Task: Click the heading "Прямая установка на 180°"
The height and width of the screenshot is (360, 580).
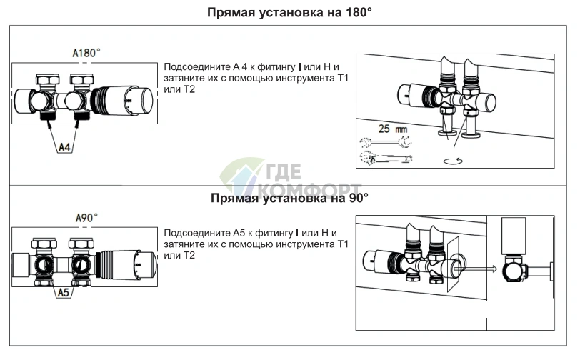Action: [289, 12]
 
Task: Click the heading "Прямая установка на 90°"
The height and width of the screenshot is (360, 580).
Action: [289, 198]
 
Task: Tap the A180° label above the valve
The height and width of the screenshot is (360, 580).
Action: [86, 54]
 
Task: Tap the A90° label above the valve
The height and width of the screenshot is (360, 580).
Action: [86, 218]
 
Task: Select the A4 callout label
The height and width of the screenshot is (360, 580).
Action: [64, 148]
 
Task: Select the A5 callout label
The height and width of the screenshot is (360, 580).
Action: [64, 293]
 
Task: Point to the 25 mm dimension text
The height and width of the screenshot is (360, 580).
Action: [392, 129]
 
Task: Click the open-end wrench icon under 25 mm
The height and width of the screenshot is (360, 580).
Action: [386, 141]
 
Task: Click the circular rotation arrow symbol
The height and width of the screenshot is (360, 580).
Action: [453, 161]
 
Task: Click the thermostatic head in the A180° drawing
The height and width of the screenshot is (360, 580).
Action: [122, 100]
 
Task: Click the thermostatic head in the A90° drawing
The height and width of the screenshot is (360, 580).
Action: [126, 265]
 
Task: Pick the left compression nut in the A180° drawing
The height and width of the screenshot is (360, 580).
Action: [47, 80]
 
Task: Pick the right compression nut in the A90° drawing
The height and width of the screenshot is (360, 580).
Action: [80, 244]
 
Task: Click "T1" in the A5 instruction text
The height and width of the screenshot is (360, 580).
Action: [344, 244]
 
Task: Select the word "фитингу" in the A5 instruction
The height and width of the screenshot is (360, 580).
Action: [274, 234]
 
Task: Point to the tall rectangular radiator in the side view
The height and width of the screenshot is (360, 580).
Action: [514, 236]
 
